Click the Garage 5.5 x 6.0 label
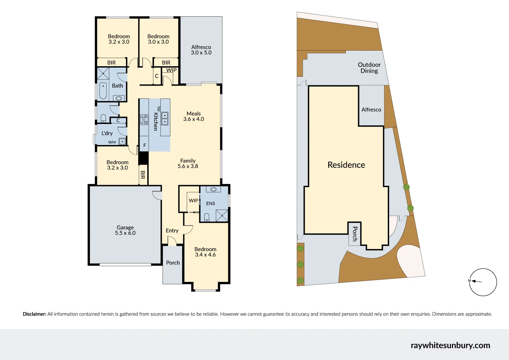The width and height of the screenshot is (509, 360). (x=125, y=230)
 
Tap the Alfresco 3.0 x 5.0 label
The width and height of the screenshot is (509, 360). (x=201, y=50)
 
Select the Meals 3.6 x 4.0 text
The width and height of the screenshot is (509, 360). (x=193, y=116)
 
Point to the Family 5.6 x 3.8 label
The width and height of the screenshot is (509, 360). (x=188, y=163)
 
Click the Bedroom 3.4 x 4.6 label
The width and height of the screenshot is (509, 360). (x=205, y=252)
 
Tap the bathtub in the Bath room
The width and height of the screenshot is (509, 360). (x=103, y=90)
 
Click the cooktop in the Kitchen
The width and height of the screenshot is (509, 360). (x=144, y=120)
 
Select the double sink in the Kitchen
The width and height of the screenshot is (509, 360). (x=165, y=119)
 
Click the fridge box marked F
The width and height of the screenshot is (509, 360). (x=145, y=145)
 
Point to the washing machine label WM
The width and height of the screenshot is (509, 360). (x=112, y=142)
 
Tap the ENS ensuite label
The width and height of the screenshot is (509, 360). (x=210, y=203)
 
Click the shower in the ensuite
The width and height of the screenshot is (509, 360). (x=222, y=216)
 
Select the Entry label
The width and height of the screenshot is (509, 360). (x=172, y=231)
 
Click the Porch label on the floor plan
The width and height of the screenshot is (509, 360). (x=173, y=263)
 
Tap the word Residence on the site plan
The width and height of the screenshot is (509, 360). (x=346, y=165)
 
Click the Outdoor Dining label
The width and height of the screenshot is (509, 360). (x=369, y=68)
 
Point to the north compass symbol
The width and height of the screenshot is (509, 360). (x=483, y=282)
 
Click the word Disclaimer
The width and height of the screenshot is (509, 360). (x=34, y=314)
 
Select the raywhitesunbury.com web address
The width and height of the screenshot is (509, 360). (x=450, y=345)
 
